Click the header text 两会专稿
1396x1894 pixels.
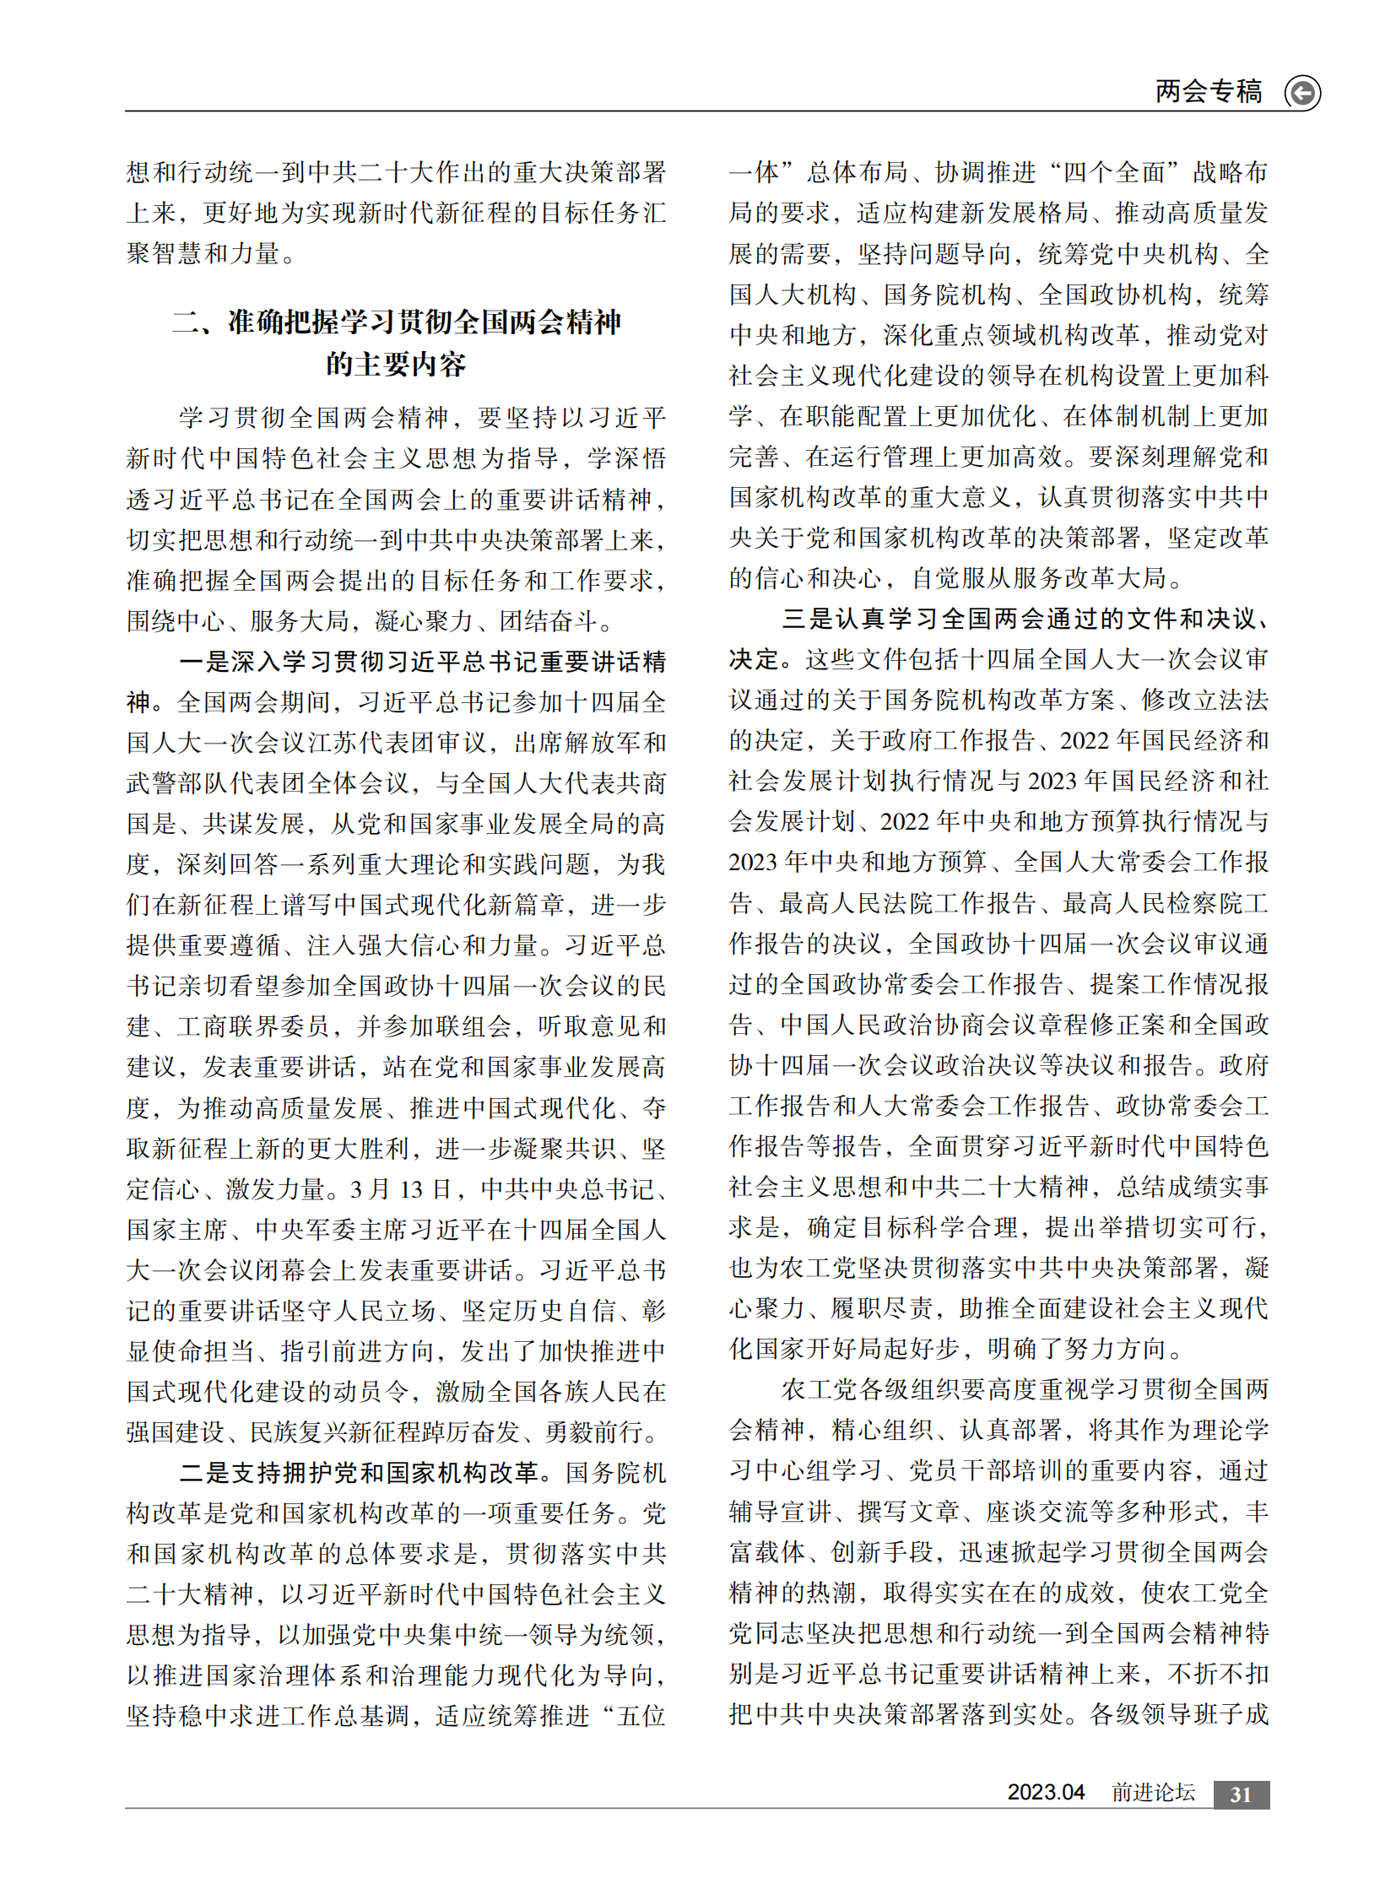tap(1208, 91)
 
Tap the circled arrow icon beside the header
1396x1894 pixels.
tap(1302, 92)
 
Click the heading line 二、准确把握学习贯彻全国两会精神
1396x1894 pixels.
tap(397, 322)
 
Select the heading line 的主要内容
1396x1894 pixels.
tap(397, 365)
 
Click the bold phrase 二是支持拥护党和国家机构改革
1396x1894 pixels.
tap(360, 1472)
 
